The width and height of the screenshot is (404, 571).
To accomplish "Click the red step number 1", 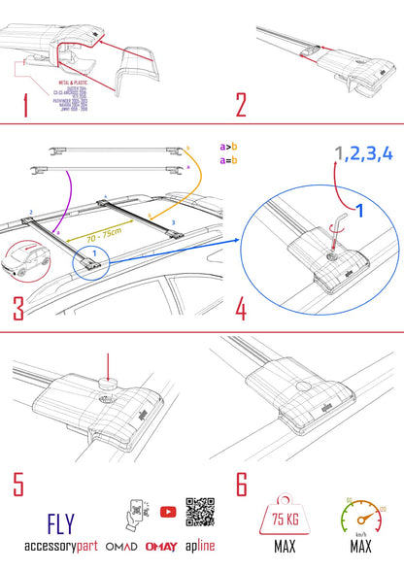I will point(23,104).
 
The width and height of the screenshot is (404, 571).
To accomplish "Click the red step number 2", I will point(240,104).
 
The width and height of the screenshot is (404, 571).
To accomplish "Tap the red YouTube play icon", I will point(169,511).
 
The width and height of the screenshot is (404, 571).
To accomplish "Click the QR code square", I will point(200,513).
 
